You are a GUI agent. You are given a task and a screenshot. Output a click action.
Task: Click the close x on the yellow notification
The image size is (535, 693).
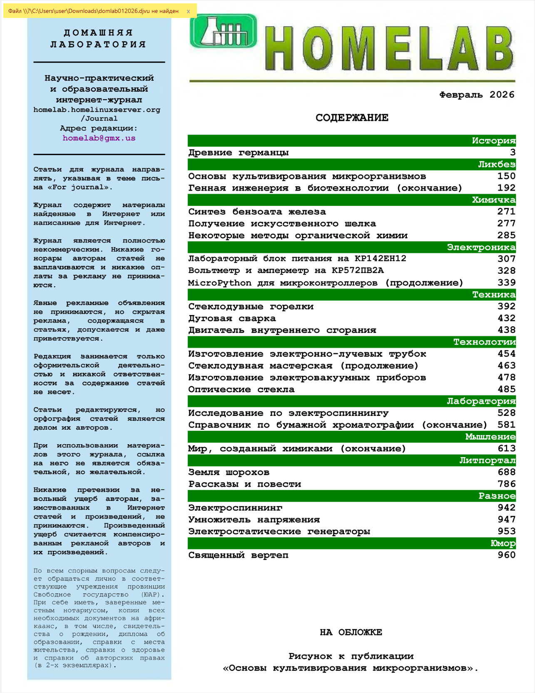pos(188,11)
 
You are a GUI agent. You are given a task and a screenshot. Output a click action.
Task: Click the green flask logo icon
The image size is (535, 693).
pos(223,31)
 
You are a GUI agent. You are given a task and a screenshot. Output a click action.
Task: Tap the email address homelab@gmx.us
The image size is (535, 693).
pos(99,138)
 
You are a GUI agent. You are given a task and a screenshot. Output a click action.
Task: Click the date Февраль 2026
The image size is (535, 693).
pos(477,95)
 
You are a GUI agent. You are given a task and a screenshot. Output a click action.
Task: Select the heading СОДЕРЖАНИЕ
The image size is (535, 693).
pos(352,118)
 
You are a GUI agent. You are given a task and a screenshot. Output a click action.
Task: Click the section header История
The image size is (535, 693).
pos(493,140)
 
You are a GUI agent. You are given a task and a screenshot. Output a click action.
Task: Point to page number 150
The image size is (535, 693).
pos(506,176)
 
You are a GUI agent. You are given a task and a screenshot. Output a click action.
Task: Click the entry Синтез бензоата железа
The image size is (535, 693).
pos(257,212)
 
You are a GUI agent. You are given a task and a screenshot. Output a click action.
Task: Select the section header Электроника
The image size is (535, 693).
pos(481,247)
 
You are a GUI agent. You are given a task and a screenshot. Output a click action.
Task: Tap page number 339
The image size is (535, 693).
pos(506,283)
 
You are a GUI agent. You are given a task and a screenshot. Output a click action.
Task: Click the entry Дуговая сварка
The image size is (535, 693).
pos(232,318)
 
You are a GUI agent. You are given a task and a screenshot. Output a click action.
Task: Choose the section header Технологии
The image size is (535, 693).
pos(484,342)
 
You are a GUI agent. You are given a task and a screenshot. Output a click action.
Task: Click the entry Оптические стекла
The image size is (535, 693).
pos(241,390)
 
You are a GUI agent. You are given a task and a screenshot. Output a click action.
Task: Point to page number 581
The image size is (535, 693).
pos(506,425)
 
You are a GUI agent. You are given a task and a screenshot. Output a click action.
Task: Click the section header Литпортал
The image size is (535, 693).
pos(487,460)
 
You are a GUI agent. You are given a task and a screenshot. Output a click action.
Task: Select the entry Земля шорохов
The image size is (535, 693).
pos(229,472)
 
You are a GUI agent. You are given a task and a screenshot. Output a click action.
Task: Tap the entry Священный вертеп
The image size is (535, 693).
pos(238,555)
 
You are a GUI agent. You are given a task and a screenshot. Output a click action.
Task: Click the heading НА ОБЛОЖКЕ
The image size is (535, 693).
pos(351,632)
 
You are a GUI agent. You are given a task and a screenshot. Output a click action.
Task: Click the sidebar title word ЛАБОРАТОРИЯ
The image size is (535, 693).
pos(98,44)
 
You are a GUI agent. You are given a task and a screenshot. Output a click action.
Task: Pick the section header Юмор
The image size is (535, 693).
pos(503,543)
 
